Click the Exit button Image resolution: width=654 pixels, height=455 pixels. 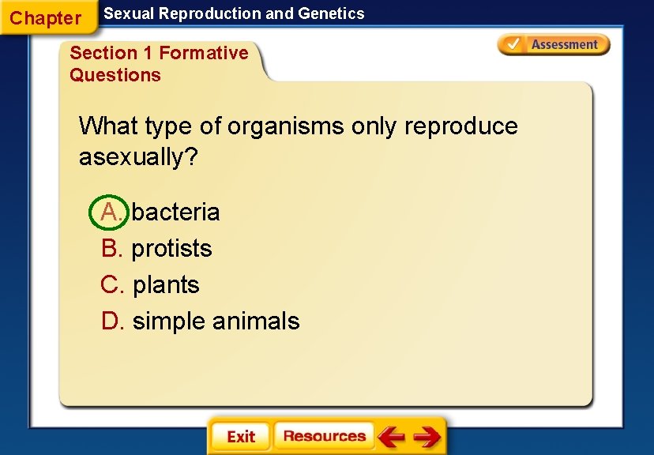pos(240,437)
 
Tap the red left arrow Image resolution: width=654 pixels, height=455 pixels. pos(391,437)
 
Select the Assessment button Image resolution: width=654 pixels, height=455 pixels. pos(554,45)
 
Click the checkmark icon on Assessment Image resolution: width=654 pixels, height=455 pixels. pos(513,44)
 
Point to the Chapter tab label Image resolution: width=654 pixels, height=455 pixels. pos(46,17)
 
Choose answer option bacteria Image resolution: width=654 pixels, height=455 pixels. pos(175,212)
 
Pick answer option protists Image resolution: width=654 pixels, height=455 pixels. pos(171,248)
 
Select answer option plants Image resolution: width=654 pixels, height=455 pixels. pos(166,284)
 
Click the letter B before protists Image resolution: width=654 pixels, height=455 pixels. pos(110,248)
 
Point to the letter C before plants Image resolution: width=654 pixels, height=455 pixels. pos(110,284)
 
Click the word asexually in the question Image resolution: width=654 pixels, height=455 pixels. pos(138,157)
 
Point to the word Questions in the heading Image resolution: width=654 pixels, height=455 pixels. pos(115,75)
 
